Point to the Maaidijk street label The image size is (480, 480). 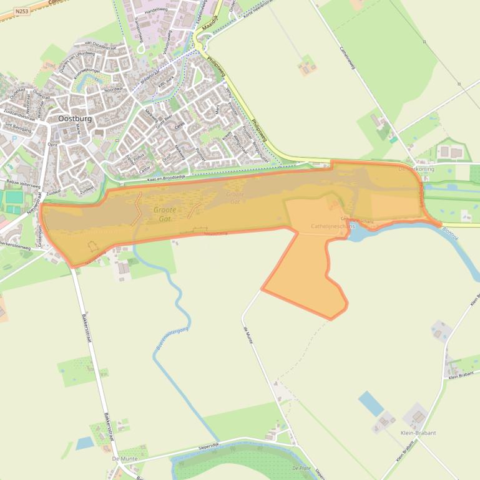click(211, 25)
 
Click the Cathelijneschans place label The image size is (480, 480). click(332, 226)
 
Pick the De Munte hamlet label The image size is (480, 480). click(124, 458)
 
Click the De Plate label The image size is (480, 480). click(301, 467)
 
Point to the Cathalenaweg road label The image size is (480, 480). click(346, 58)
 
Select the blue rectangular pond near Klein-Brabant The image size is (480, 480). click(371, 403)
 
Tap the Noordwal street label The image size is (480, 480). click(114, 90)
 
